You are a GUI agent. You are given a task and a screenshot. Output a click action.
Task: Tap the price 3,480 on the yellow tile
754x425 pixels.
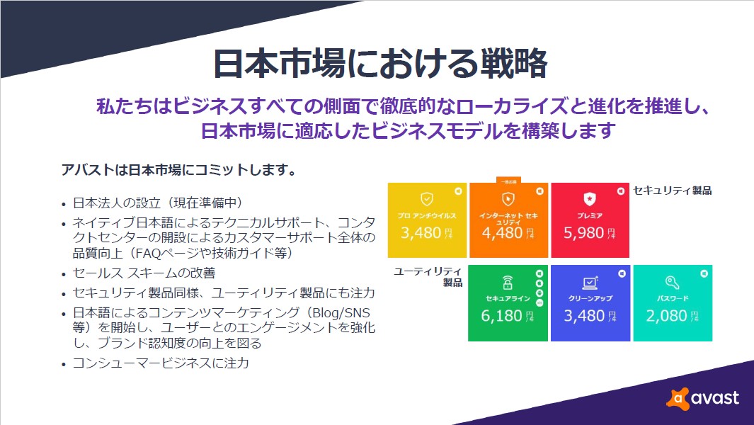coord(421,233)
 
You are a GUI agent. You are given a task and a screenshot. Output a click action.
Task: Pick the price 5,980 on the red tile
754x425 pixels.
coord(584,233)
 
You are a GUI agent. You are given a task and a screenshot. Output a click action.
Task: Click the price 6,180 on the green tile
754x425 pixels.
coord(501,316)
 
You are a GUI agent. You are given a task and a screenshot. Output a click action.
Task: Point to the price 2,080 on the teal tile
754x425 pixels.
coord(666,316)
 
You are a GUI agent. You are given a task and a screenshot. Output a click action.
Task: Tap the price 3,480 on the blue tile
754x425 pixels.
coord(584,316)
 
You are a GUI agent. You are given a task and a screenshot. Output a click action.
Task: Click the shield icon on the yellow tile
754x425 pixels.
coord(427,198)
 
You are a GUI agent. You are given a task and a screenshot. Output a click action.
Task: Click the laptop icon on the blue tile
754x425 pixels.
coord(590,283)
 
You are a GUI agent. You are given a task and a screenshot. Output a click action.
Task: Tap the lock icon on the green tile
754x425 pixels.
coord(507,283)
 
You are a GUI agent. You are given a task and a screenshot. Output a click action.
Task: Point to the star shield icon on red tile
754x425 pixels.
coord(590,198)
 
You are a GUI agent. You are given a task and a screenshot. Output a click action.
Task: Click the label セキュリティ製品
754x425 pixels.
coord(672,191)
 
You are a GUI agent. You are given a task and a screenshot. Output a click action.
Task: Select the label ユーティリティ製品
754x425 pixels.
coord(428,277)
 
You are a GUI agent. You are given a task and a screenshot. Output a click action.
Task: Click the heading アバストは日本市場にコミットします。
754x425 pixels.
coord(178,171)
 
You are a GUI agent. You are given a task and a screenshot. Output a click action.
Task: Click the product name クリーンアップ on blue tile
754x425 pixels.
coord(590,298)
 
